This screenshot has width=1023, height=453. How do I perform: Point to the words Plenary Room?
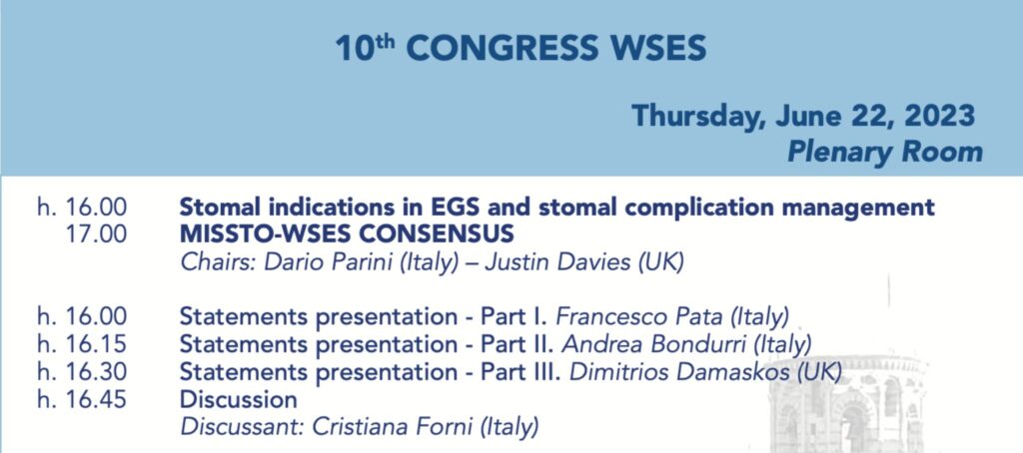(885, 152)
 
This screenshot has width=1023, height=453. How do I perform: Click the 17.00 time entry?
(96, 234)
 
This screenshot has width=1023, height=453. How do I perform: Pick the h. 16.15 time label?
(82, 344)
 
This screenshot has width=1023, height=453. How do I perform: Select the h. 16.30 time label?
(82, 372)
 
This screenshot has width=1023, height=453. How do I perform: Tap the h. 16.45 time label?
(82, 399)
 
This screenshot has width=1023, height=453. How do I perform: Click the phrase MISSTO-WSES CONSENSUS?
(347, 234)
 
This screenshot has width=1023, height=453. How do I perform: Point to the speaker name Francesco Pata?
(638, 316)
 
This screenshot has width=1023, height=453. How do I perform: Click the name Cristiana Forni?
(393, 428)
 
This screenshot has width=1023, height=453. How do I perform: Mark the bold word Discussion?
(238, 399)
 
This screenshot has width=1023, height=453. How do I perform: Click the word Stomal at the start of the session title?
(217, 207)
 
